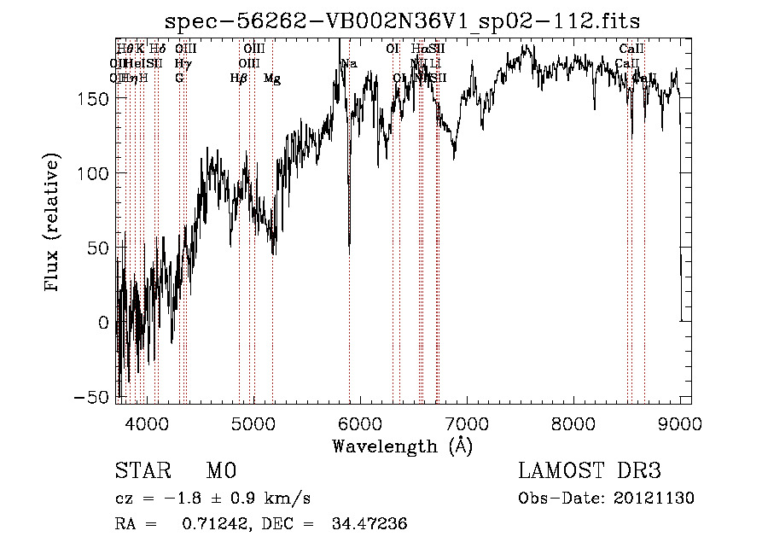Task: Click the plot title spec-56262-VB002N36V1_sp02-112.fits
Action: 402,20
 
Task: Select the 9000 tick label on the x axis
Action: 680,423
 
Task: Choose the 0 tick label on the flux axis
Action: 103,323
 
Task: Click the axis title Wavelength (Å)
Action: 402,446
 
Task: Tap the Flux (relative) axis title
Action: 53,224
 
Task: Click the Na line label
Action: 349,64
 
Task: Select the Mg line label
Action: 272,79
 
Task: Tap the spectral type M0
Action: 220,471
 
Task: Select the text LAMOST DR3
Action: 590,471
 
